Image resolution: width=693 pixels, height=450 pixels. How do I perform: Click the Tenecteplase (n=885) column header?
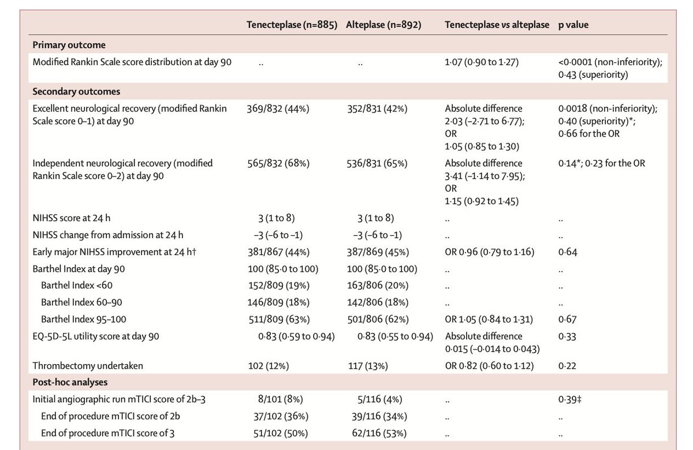pyautogui.click(x=292, y=25)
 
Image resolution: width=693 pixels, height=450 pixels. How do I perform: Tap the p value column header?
pyautogui.click(x=573, y=25)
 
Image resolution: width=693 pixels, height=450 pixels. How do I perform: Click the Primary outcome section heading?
pyautogui.click(x=69, y=45)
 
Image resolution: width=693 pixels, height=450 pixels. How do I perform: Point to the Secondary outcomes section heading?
pyautogui.click(x=76, y=91)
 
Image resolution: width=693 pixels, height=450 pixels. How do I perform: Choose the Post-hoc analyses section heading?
pyautogui.click(x=69, y=382)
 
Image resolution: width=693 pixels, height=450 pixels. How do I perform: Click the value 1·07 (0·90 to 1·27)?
pyautogui.click(x=482, y=62)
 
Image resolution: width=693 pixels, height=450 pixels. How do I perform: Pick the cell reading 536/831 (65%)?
pyautogui.click(x=378, y=163)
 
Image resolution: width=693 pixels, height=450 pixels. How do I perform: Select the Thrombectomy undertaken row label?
pyautogui.click(x=88, y=365)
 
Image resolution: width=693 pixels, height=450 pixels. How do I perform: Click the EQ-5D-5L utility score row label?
pyautogui.click(x=96, y=336)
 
